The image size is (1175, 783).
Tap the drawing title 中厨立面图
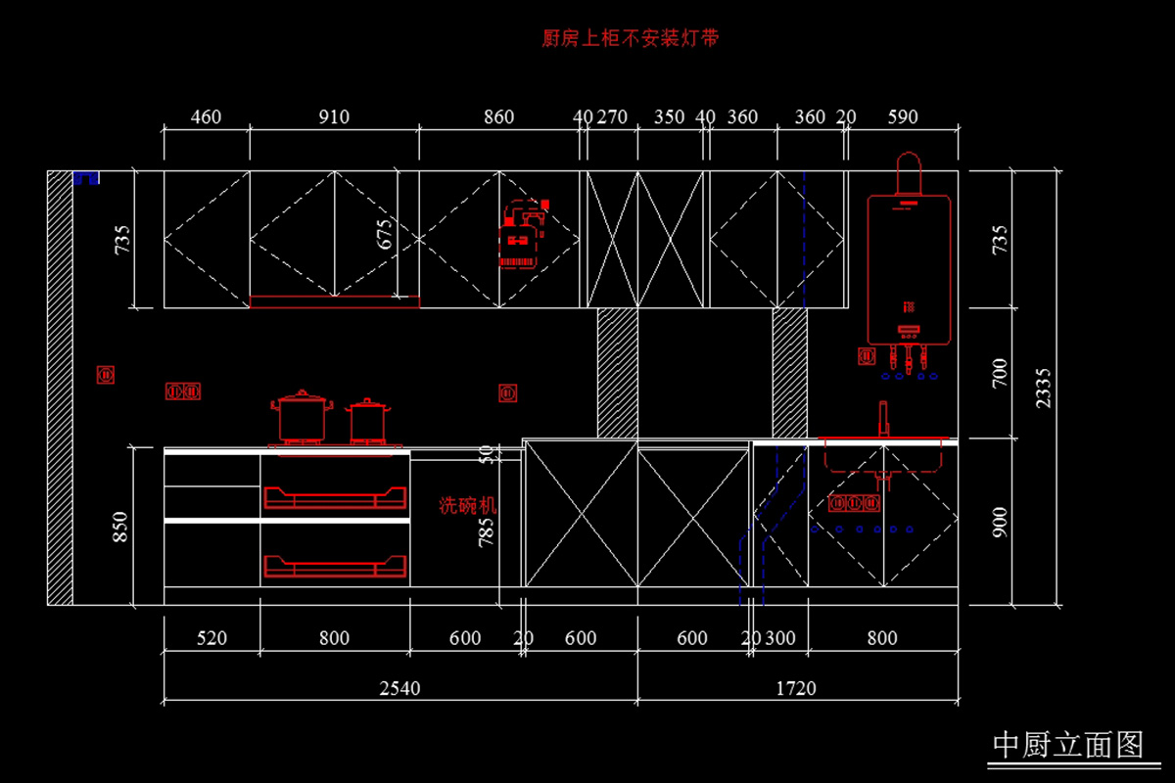coord(1068,745)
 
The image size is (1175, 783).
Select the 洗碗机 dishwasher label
coord(467,506)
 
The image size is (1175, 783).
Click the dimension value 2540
coord(399,688)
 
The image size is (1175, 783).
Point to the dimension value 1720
coord(796,688)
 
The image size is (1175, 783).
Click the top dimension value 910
coord(333,117)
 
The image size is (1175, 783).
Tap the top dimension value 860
coord(498,117)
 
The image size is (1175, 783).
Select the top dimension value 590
coord(902,117)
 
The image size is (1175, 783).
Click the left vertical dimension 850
coord(121,526)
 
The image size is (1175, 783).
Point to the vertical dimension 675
coord(385,235)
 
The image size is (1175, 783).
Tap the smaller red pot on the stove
coord(367,421)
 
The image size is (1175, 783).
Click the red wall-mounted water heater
coord(909,264)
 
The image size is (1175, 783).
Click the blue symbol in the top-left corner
coord(86,177)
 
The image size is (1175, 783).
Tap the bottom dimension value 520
coord(211,638)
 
